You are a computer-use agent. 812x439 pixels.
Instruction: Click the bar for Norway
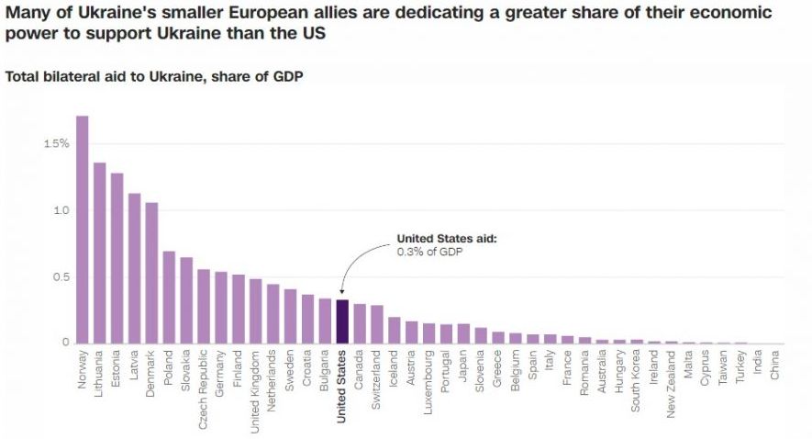[82, 230]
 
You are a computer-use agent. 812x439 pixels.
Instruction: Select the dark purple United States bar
[341, 321]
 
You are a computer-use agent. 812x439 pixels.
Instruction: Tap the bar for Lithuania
[99, 253]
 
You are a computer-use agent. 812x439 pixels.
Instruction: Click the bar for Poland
[169, 298]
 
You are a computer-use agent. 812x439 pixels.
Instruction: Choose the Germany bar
[220, 308]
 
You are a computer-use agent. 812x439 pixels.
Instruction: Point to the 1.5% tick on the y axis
[55, 143]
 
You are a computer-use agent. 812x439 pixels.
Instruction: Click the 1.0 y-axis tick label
[59, 210]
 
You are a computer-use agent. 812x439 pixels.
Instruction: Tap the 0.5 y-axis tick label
[59, 276]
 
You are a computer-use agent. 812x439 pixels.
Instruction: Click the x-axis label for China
[775, 364]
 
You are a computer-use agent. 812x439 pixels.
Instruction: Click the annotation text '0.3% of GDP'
[428, 251]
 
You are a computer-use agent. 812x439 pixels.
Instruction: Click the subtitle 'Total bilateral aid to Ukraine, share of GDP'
[154, 76]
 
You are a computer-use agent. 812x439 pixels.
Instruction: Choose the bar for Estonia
[117, 258]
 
